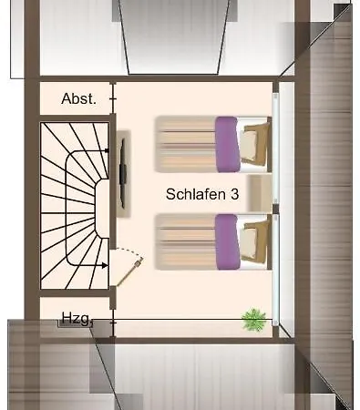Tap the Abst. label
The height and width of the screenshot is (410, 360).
click(78, 98)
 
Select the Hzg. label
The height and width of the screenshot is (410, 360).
click(76, 318)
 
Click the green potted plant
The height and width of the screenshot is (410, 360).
click(254, 319)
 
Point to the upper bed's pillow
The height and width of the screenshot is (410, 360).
click(255, 142)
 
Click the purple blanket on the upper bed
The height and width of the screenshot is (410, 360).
click(226, 143)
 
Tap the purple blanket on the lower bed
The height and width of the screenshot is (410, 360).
click(226, 241)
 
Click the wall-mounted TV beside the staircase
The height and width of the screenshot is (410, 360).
click(121, 169)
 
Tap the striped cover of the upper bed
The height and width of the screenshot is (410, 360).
click(185, 143)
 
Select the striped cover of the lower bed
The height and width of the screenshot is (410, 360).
click(185, 241)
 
